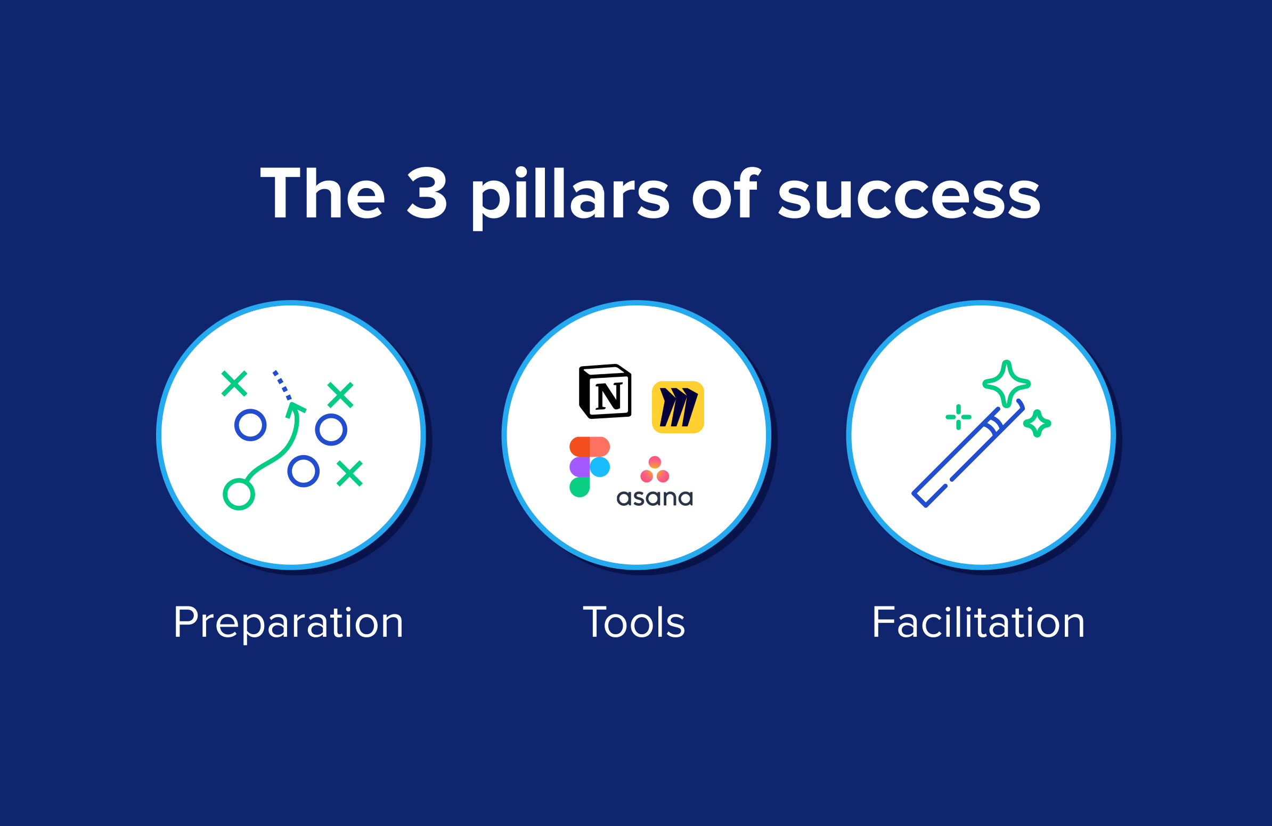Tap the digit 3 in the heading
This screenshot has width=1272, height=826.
click(x=427, y=193)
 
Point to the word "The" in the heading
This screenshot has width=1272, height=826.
click(x=322, y=193)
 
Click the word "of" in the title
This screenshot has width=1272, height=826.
click(x=725, y=193)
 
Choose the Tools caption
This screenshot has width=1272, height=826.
click(x=634, y=622)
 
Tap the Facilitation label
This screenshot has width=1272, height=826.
click(x=978, y=622)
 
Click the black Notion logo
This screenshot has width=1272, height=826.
click(x=605, y=391)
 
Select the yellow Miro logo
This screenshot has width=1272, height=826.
click(x=678, y=407)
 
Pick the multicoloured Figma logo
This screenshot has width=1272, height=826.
click(x=590, y=467)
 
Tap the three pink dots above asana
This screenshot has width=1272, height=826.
click(x=655, y=469)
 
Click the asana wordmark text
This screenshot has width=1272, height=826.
click(x=655, y=498)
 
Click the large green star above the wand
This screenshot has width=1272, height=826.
click(x=1007, y=384)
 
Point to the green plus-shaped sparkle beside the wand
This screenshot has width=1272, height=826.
click(x=958, y=417)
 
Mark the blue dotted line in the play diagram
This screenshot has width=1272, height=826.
click(x=282, y=385)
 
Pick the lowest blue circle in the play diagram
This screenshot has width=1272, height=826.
click(x=304, y=471)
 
